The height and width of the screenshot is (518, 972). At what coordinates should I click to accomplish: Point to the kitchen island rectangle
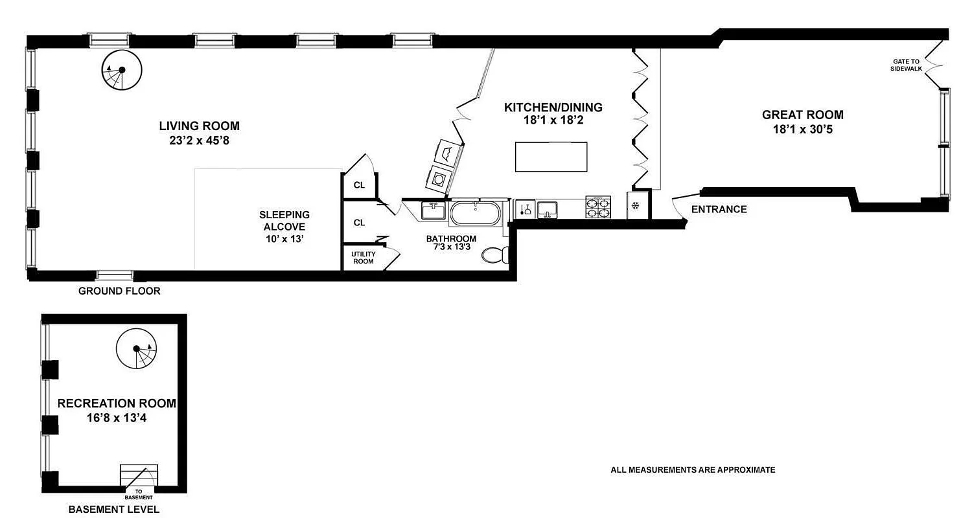pos(551,157)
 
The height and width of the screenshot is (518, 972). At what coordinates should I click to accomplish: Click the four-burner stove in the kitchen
pos(598,208)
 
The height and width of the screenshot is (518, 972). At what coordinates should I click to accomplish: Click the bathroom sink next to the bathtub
pos(433,210)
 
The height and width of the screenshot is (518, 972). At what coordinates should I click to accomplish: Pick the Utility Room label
pos(363,258)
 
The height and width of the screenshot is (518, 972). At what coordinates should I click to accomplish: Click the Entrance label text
pos(719,209)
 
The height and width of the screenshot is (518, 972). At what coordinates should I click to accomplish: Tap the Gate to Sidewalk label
pos(906,65)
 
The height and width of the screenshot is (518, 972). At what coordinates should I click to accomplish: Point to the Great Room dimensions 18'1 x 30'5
pos(802,129)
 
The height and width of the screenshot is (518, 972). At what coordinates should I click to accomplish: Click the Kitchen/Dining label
pos(553,107)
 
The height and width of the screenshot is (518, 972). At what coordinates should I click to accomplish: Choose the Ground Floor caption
pos(119,291)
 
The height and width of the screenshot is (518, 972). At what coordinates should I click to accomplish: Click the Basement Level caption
pos(114,510)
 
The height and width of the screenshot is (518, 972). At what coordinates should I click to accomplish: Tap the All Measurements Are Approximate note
pos(693,470)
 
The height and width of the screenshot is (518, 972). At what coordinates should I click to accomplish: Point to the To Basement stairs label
pos(139,495)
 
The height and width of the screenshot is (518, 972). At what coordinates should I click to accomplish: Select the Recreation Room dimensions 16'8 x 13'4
pos(117,418)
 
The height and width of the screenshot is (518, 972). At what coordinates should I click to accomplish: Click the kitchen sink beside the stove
pos(548,209)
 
